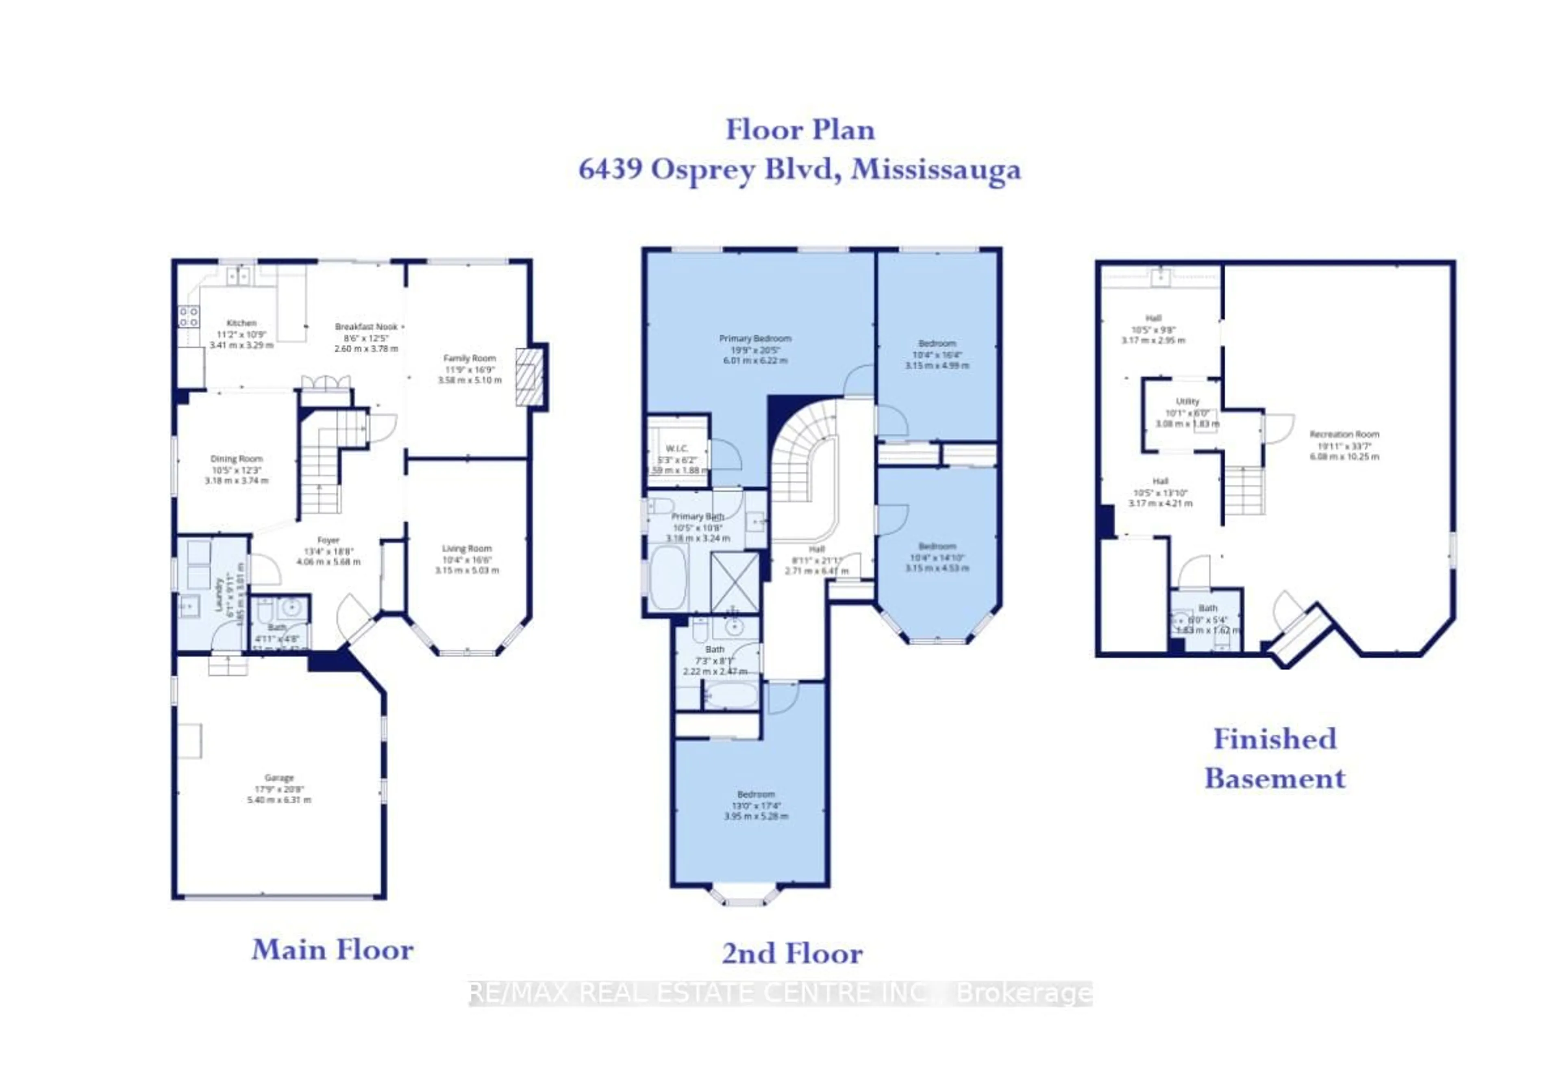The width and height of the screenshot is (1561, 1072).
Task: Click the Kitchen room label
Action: click(241, 323)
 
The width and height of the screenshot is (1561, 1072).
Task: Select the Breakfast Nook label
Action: click(366, 327)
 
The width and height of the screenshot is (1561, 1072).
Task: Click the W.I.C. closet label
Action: click(676, 448)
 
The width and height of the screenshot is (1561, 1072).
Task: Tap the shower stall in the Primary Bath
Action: click(735, 582)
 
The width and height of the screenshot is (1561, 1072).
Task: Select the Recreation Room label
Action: click(1344, 434)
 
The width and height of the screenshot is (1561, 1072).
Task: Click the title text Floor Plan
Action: click(800, 130)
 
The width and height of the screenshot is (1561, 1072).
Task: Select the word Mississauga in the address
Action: click(935, 169)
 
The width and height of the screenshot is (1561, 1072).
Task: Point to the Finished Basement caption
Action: click(1274, 758)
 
